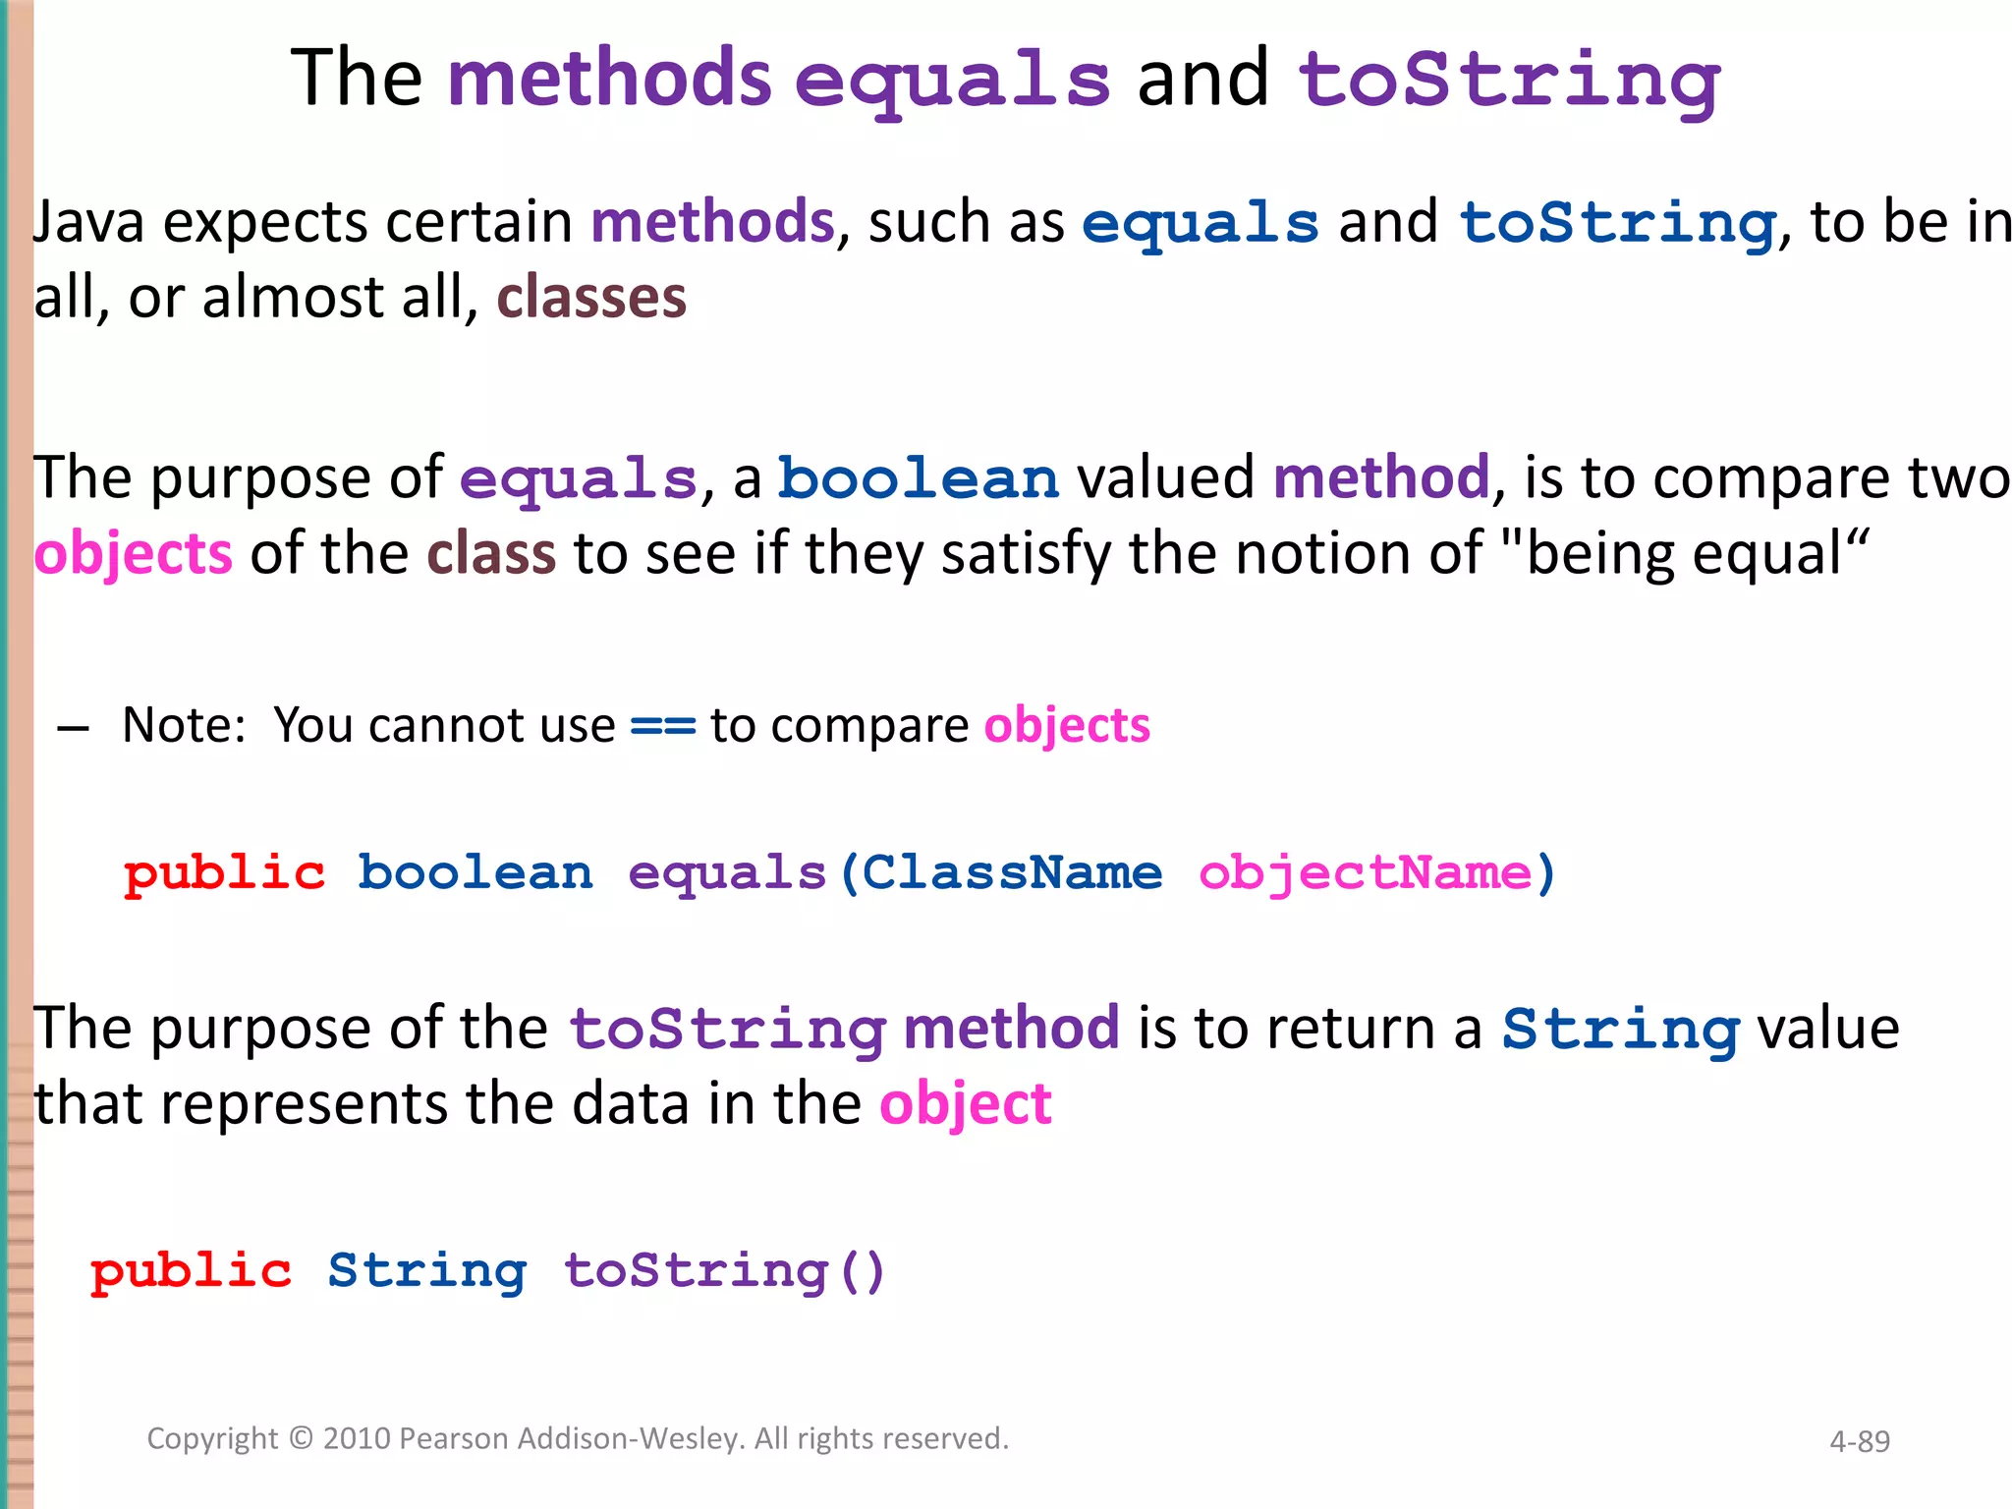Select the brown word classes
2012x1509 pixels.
pos(591,298)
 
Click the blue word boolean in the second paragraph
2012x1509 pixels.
pos(919,479)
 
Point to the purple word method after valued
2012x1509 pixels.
pos(1381,478)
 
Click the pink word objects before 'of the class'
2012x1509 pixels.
pos(134,554)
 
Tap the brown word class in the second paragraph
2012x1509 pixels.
pos(491,554)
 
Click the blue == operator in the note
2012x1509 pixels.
pos(662,727)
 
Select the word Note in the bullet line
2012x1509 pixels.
pos(182,726)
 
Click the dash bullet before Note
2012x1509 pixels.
pos(74,728)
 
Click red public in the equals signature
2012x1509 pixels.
pos(224,873)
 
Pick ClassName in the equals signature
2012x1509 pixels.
pos(1012,872)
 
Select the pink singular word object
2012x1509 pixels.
pos(965,1105)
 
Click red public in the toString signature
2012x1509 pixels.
pos(191,1271)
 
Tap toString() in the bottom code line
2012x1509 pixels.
pos(725,1271)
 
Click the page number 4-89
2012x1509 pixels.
pos(1859,1441)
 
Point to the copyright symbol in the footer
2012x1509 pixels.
pos(301,1438)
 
